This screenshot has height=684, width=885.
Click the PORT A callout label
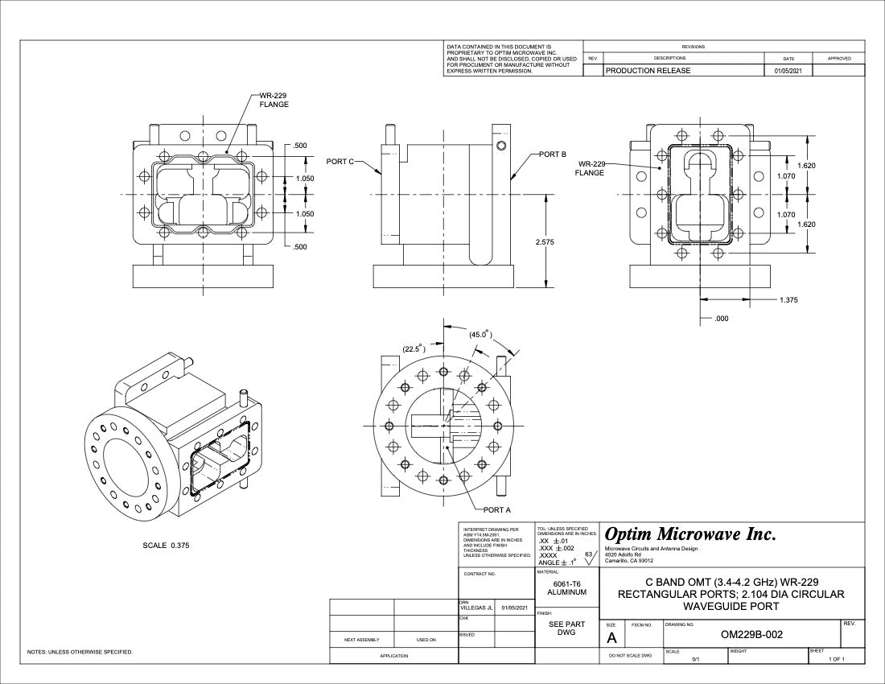coord(496,509)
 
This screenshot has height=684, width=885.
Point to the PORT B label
coord(553,154)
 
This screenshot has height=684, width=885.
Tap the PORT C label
coord(340,162)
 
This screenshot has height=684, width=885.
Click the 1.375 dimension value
coord(789,300)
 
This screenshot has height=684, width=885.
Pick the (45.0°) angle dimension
coord(480,334)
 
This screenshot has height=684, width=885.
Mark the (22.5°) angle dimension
coord(414,348)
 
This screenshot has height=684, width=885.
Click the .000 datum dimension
coord(721,319)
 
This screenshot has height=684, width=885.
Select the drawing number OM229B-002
coord(751,634)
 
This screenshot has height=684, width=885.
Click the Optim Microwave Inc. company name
coord(689,534)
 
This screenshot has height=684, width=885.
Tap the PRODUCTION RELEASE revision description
coord(648,71)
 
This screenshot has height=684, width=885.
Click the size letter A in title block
coord(611,638)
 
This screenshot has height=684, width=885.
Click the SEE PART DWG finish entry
coord(566,628)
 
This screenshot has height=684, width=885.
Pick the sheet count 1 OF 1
coord(835,660)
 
